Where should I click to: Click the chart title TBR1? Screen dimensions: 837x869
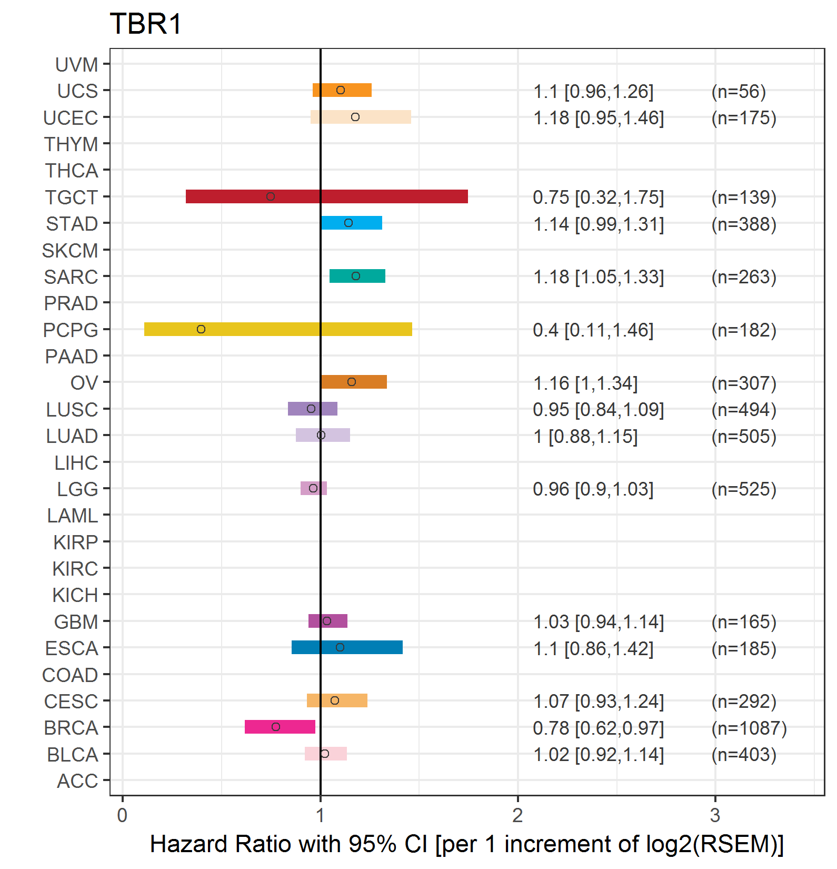(146, 24)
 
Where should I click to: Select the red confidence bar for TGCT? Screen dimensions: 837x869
(327, 196)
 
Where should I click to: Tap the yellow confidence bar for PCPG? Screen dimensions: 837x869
(278, 329)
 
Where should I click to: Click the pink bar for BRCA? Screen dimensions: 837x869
(280, 727)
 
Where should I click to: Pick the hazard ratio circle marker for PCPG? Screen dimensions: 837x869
(201, 329)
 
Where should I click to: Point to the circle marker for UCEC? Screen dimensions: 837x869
(355, 117)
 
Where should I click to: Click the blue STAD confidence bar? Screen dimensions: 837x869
(352, 223)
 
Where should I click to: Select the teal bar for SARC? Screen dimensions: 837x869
(357, 276)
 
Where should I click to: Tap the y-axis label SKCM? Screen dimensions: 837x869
(70, 251)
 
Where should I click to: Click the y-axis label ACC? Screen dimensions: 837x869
(77, 781)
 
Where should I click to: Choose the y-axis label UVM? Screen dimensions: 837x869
(77, 65)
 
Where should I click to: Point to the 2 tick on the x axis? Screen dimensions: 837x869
(517, 815)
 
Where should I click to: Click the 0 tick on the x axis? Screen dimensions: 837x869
(122, 815)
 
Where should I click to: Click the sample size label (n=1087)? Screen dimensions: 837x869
(749, 728)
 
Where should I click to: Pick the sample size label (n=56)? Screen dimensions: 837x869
(739, 92)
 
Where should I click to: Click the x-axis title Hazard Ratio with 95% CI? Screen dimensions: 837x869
(288, 844)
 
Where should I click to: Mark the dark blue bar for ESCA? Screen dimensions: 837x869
(347, 647)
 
